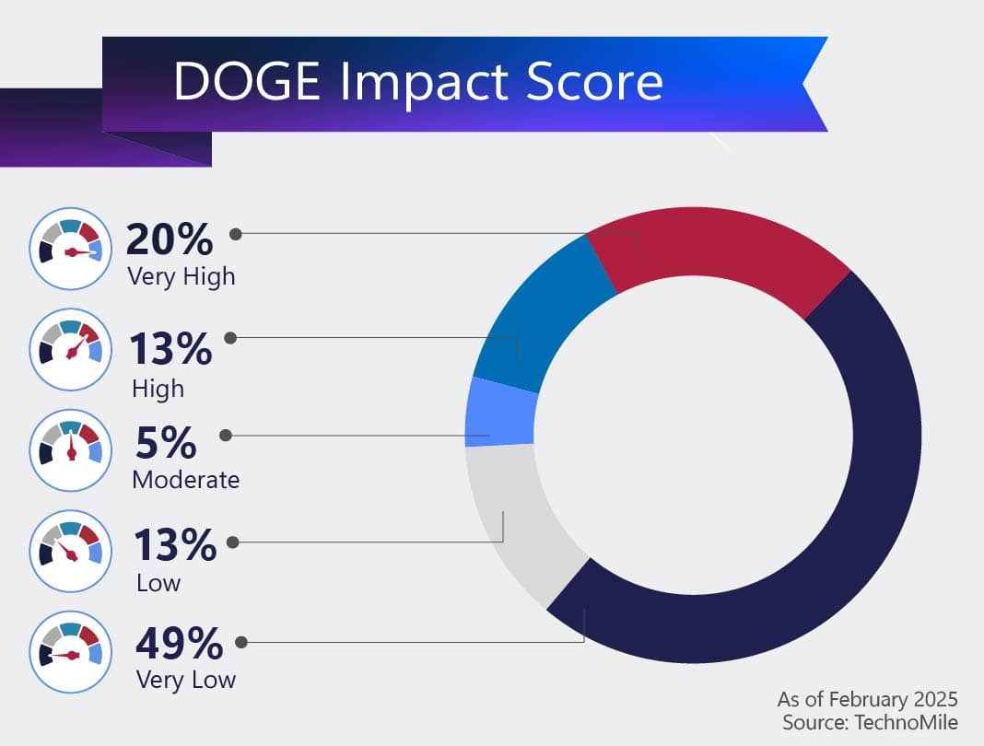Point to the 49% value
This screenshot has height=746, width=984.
click(179, 644)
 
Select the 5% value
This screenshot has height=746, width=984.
click(166, 444)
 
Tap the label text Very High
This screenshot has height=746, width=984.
click(182, 275)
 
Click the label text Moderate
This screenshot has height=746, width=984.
click(185, 480)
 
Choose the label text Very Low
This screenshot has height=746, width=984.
click(185, 681)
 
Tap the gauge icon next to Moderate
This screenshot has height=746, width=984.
click(71, 449)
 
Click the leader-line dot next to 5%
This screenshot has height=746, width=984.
click(225, 435)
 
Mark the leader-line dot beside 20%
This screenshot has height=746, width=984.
click(235, 234)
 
